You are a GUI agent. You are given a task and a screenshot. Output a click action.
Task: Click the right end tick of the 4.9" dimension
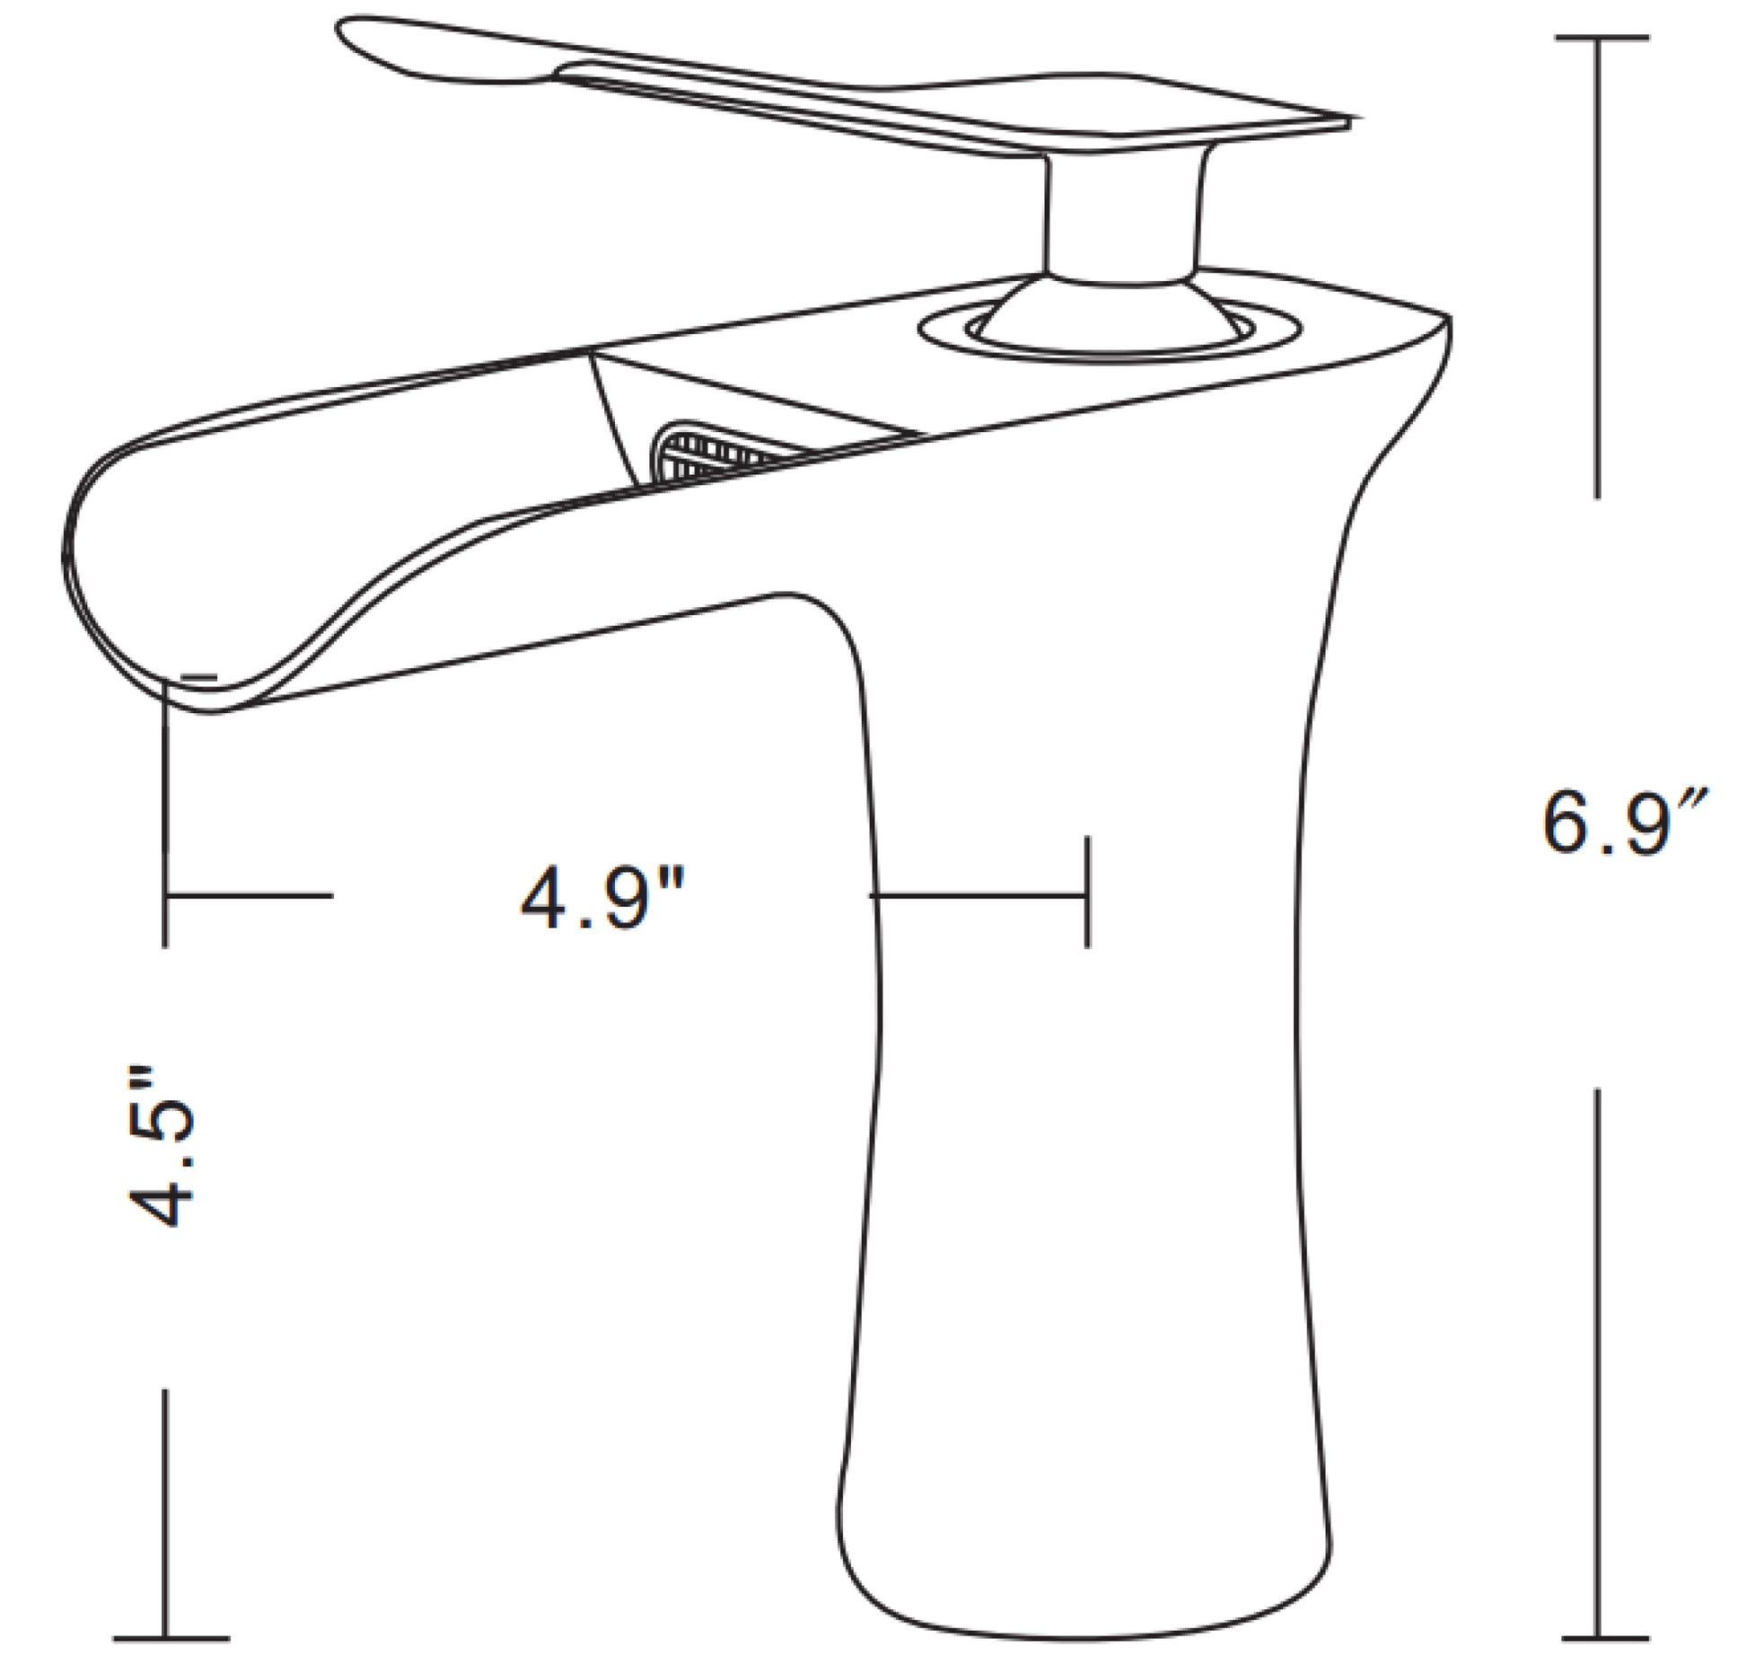click(1087, 892)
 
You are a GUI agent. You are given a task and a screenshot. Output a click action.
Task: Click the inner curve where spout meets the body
click(812, 606)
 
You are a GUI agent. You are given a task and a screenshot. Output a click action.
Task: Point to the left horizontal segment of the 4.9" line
click(250, 894)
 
